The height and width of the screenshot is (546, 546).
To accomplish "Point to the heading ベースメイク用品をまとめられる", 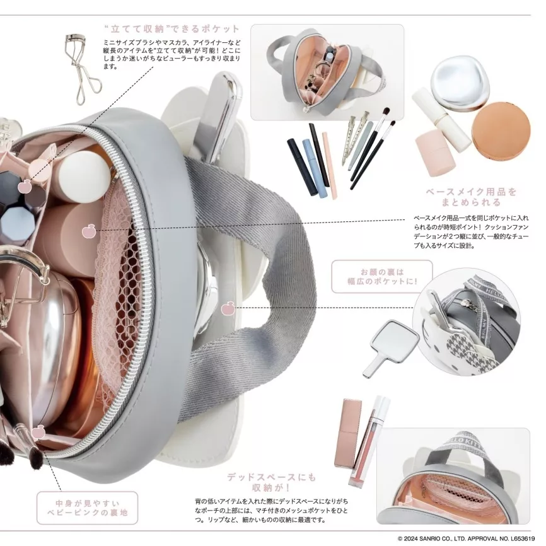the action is pos(471,197).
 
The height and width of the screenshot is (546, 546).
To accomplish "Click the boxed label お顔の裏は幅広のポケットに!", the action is pos(382,277).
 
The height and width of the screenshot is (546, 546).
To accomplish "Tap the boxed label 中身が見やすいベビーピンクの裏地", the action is pos(88,508).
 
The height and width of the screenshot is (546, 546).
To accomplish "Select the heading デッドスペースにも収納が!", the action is pos(271,482).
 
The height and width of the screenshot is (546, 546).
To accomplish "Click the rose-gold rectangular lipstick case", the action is pos(347,433).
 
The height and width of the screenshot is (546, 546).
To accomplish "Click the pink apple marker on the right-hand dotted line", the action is pos(227,308).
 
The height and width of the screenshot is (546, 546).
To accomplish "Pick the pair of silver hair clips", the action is pos(355,138).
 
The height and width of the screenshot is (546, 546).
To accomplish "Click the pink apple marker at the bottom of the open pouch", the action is pos(37,433).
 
